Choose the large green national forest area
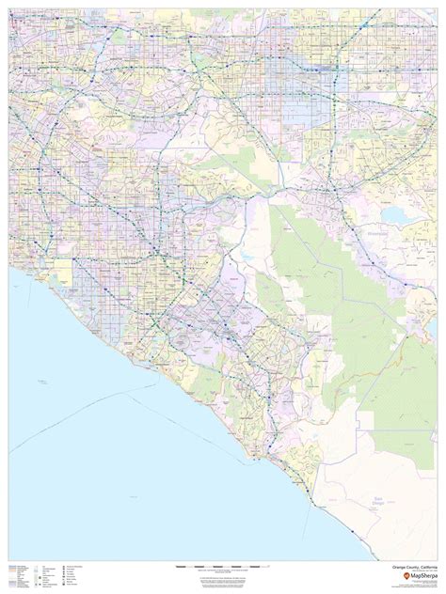pos(320,282)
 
